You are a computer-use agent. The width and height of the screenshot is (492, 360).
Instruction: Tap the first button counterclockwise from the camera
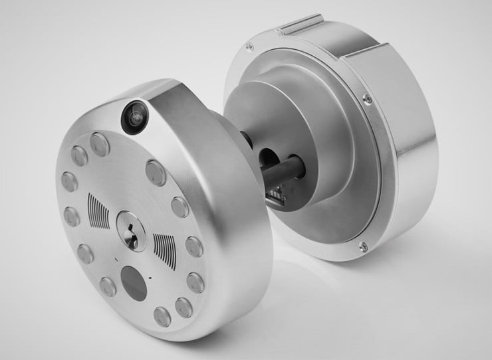pyautogui.click(x=100, y=144)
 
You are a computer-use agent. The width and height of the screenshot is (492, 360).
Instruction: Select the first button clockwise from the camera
pyautogui.click(x=155, y=173)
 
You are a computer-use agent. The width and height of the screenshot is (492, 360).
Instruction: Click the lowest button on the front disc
pyautogui.click(x=164, y=316)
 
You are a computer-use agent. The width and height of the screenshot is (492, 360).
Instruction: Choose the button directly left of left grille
pyautogui.click(x=71, y=216)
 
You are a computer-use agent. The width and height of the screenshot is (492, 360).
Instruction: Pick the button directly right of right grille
pyautogui.click(x=194, y=246)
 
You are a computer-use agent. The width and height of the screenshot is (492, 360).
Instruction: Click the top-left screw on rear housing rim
pyautogui.click(x=249, y=46)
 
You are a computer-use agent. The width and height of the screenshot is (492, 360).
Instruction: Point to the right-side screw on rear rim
pyautogui.click(x=367, y=99)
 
